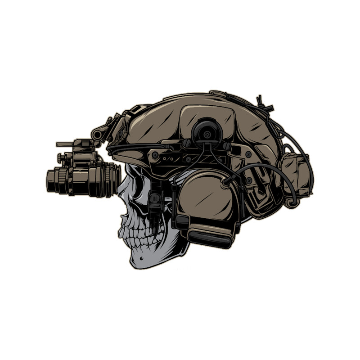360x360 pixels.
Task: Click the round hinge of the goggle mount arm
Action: pyautogui.click(x=97, y=134)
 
